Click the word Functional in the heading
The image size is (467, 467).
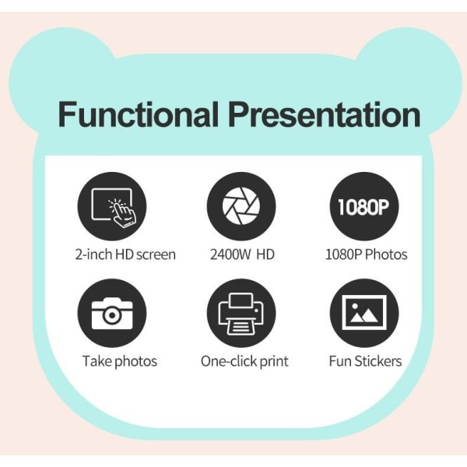[139, 114]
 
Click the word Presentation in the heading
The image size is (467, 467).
[325, 114]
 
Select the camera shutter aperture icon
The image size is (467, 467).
[241, 206]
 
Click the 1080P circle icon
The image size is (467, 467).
[364, 206]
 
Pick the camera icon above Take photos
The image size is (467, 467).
[112, 313]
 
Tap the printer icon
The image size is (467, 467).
[241, 313]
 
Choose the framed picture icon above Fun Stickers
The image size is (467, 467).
[364, 313]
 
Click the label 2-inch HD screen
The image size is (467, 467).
[125, 255]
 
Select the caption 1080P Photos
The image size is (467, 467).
[366, 255]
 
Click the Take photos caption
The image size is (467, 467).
[120, 362]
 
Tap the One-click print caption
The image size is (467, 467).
[244, 362]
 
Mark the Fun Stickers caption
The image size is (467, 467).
[365, 361]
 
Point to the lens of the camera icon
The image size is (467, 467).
[111, 315]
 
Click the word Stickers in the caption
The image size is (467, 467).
[377, 361]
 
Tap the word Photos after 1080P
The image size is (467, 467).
[386, 255]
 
